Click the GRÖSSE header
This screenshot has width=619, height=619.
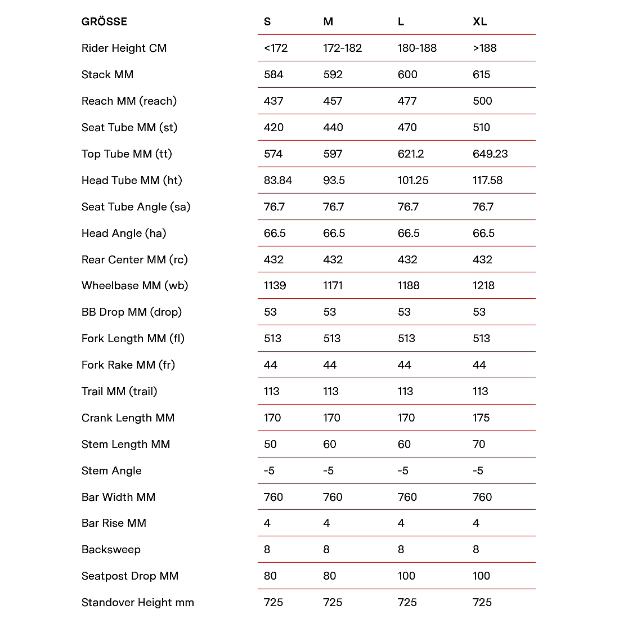click(104, 22)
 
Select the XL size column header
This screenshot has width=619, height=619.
click(479, 22)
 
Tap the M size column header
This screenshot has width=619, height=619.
click(328, 22)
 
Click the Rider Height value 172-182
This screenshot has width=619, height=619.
click(342, 48)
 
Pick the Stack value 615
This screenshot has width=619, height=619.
click(481, 75)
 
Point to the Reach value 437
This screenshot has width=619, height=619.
click(273, 101)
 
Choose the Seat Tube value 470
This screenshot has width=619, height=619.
click(407, 128)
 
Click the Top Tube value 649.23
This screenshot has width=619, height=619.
click(490, 154)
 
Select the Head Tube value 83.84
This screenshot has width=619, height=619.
click(277, 181)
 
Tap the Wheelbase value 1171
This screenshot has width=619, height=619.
click(333, 286)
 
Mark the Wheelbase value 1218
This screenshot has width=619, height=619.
click(483, 286)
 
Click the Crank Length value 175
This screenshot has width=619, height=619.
click(481, 418)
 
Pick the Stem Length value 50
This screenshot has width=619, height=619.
click(270, 445)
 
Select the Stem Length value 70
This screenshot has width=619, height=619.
click(478, 445)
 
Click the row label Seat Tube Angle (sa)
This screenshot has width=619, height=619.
click(136, 207)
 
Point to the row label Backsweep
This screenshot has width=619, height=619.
click(111, 550)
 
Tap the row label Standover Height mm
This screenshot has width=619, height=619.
click(137, 603)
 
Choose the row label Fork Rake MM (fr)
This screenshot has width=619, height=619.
click(128, 365)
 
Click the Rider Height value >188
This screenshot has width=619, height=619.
click(485, 48)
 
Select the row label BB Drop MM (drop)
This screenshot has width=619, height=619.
click(131, 312)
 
